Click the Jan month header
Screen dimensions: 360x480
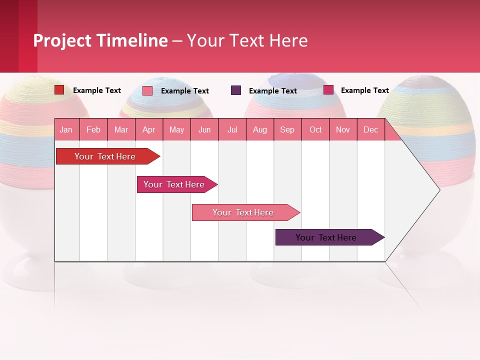66,129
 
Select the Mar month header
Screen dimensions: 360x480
121,129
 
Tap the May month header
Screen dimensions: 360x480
176,129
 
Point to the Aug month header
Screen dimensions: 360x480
259,129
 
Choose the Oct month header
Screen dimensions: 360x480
315,129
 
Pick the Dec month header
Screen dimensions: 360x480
370,129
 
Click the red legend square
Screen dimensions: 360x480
59,90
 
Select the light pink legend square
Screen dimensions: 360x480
147,90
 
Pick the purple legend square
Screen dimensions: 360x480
236,90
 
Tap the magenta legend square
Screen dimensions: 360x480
328,90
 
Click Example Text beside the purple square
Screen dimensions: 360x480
272,91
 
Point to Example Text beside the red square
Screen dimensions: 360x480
96,90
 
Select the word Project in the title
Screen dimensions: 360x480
62,40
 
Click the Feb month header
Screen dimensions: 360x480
93,129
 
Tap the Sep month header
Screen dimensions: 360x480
287,129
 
